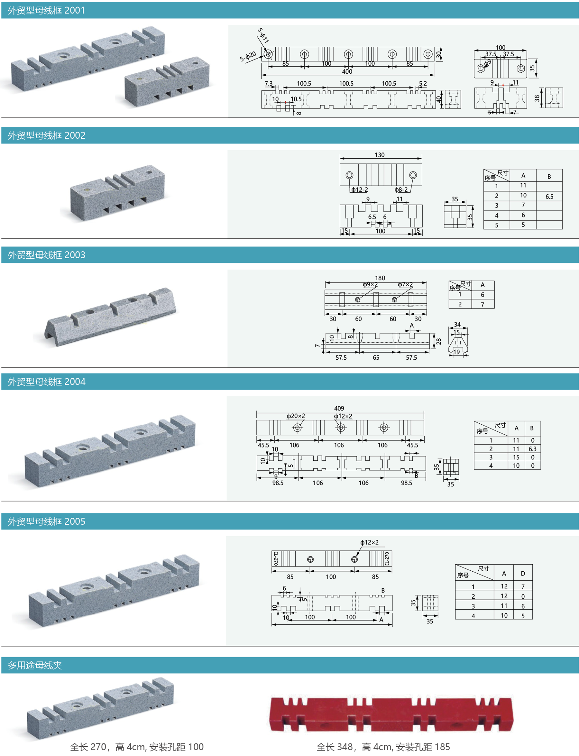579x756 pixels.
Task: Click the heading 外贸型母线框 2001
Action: point(46,10)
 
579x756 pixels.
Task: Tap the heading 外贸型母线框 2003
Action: point(46,255)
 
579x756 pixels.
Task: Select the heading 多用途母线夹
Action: point(35,665)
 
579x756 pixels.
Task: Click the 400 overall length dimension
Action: point(347,71)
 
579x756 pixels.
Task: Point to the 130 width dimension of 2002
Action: point(380,155)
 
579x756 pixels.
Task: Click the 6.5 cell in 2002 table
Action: point(549,197)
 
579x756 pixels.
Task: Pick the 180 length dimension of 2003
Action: point(380,278)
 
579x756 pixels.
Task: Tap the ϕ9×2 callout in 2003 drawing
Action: point(370,284)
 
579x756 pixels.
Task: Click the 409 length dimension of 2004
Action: point(339,408)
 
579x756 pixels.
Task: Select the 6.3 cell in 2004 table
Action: point(532,449)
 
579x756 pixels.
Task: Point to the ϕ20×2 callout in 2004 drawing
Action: point(296,416)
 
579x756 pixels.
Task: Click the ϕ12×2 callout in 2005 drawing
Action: point(369,542)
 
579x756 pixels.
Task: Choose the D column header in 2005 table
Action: point(523,573)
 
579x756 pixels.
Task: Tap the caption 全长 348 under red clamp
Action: point(383,747)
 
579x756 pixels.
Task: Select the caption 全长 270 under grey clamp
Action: point(136,747)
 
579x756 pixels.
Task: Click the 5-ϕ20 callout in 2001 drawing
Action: point(248,56)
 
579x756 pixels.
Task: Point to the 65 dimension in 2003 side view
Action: point(376,357)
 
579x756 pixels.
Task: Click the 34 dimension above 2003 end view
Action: point(457,324)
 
